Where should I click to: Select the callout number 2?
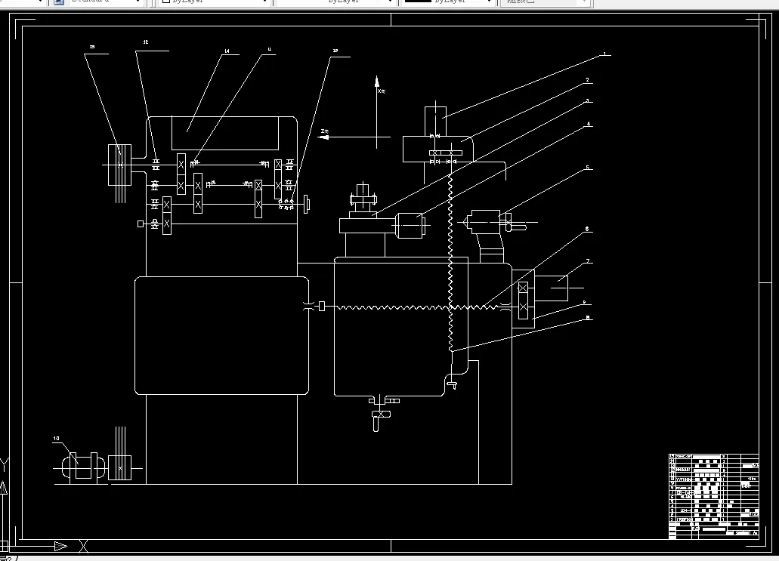pos(587,80)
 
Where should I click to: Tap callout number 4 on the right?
pos(589,125)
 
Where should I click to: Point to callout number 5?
pos(587,168)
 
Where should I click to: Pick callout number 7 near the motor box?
pos(588,261)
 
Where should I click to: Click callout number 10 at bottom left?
pos(56,438)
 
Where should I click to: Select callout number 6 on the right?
pos(586,229)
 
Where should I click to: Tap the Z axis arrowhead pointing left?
pos(323,137)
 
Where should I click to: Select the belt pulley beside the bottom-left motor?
pos(120,468)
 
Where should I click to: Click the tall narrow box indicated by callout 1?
pos(435,121)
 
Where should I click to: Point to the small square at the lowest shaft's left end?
pos(141,223)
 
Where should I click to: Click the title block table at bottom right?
pos(713,497)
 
